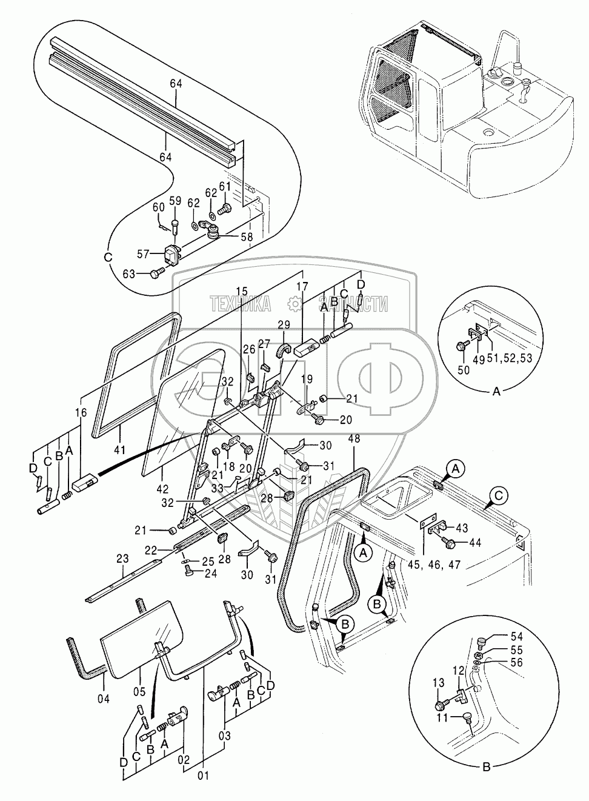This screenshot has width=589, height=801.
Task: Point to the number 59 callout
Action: (x=175, y=201)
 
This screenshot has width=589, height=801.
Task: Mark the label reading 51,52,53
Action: (x=513, y=358)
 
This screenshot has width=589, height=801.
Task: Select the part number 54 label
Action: (x=516, y=637)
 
